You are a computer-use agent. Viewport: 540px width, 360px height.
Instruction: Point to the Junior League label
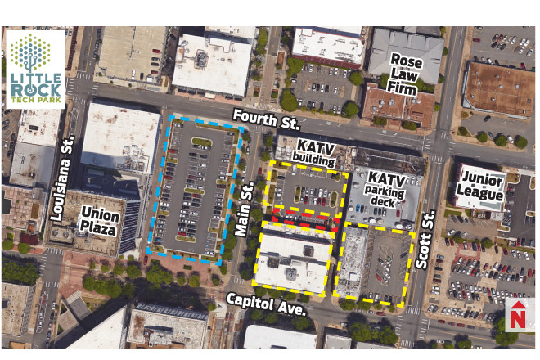pyautogui.click(x=482, y=187)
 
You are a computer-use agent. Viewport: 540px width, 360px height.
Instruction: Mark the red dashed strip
pyautogui.click(x=302, y=218)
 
